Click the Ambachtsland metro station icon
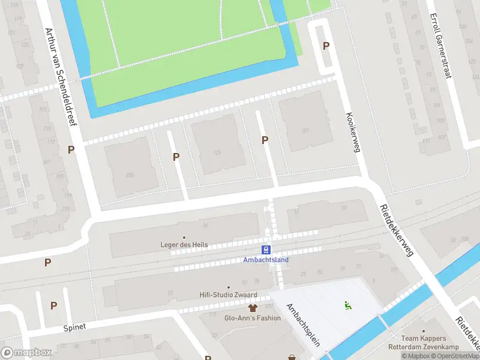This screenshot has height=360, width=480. [266, 250]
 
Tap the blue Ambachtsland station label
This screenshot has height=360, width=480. [266, 260]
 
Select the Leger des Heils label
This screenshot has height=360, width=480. [184, 244]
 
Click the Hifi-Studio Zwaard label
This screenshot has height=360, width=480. [229, 295]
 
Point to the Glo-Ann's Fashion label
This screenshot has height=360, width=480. [253, 318]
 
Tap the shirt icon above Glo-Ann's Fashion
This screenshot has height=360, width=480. [253, 309]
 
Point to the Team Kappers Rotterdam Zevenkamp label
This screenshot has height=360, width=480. [430, 343]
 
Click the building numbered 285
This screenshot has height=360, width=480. [130, 175]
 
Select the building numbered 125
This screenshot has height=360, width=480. [218, 152]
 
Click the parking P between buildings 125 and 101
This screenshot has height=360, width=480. [265, 140]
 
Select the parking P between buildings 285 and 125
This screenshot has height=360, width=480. [176, 157]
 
